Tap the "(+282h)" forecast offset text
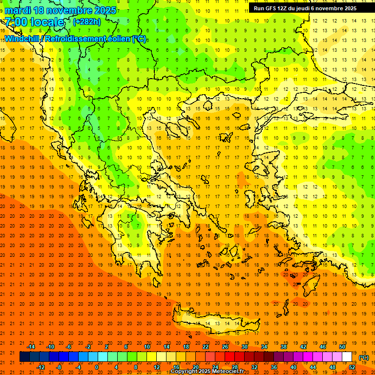point(87,22)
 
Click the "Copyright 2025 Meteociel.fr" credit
point(207,372)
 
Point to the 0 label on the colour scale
point(96,367)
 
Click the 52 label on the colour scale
point(352,367)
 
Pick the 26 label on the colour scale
point(225,347)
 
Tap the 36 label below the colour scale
point(274,367)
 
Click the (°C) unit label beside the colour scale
point(364,357)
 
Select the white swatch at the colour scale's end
point(347,357)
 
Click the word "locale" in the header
point(48,22)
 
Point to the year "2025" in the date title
point(104,10)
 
